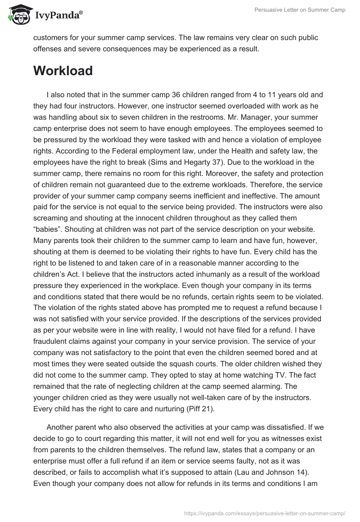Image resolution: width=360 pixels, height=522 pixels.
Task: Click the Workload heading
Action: (63, 71)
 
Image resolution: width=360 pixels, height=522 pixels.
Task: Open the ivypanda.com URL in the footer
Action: (264, 513)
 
